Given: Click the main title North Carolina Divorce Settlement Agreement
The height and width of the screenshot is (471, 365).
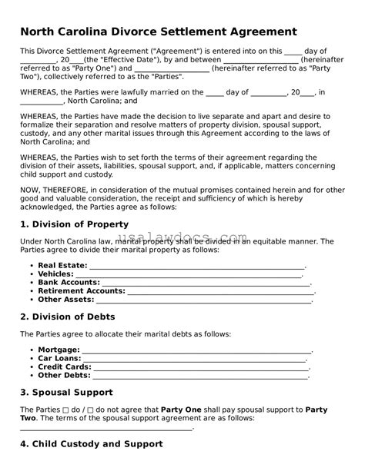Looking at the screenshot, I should [x=158, y=32].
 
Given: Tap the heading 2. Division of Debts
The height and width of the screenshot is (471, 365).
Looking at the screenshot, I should [x=67, y=317].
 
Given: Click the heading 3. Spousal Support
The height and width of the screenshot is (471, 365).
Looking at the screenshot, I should [x=66, y=392].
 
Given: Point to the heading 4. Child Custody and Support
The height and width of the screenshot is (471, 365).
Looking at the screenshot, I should [x=91, y=444].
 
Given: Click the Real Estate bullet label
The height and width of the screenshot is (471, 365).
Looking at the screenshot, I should [x=62, y=265].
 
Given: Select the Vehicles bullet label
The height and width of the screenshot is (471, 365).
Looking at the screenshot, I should [x=56, y=274].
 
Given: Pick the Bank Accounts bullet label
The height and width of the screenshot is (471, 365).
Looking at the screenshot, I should [x=69, y=282].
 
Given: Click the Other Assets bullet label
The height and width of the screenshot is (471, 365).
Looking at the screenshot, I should [x=65, y=299].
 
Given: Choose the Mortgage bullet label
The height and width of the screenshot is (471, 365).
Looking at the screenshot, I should [x=58, y=350].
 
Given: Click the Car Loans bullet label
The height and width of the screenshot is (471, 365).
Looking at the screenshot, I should [x=59, y=358].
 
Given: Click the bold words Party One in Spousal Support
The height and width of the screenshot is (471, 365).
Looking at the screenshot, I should [x=182, y=410].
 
